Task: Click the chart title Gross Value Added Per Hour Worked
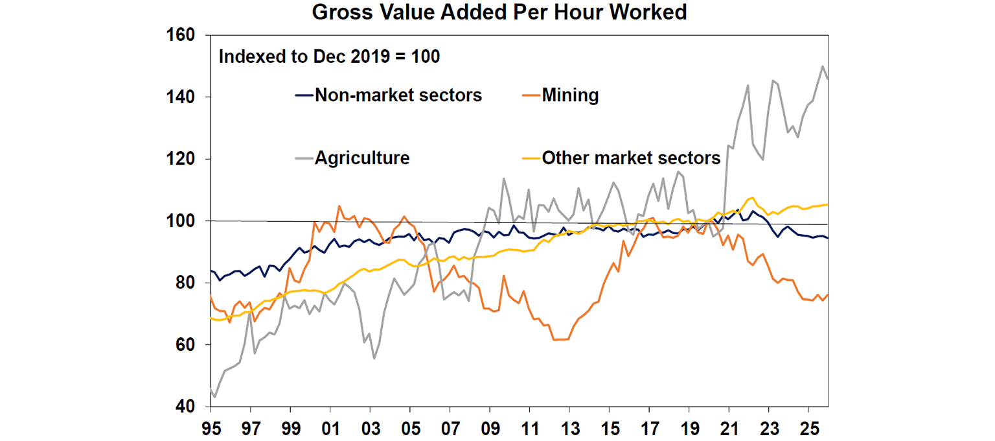499,12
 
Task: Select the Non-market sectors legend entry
398,95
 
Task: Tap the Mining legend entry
570,95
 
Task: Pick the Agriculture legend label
362,158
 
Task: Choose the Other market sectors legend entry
631,158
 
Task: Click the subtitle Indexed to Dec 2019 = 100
329,56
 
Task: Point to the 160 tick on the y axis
181,35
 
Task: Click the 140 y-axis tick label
181,97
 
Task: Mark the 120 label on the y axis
181,159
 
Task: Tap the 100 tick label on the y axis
181,221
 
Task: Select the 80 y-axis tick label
185,283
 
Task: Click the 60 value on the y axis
185,345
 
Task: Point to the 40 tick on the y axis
185,407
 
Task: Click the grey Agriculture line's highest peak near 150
823,66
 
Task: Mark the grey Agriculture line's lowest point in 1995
214,397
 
